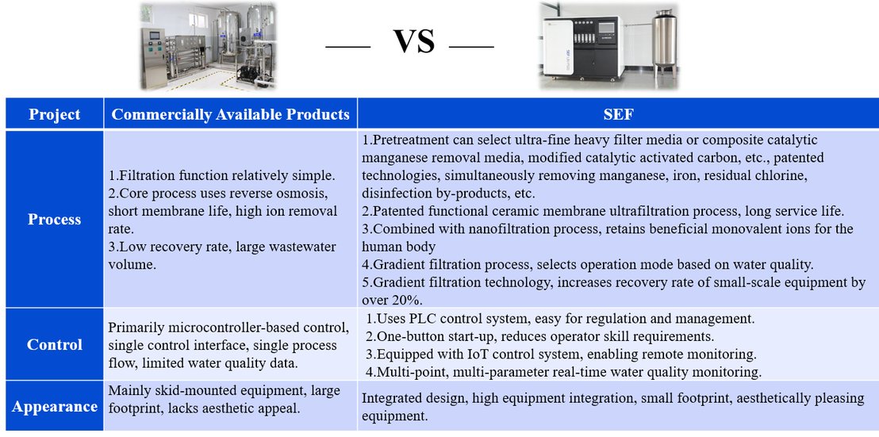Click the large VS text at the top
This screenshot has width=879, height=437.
click(x=413, y=41)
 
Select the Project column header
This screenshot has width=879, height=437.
click(x=55, y=115)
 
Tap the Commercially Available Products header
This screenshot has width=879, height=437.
click(x=230, y=114)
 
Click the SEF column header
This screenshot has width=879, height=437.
click(x=618, y=115)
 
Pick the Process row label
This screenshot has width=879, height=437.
click(x=55, y=219)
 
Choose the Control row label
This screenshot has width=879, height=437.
click(x=55, y=344)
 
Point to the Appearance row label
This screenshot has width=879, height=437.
click(x=55, y=407)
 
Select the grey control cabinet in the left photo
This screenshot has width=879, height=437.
click(x=154, y=57)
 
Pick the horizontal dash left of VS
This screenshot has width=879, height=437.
click(x=347, y=47)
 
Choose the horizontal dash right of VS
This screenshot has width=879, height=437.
click(x=471, y=47)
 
